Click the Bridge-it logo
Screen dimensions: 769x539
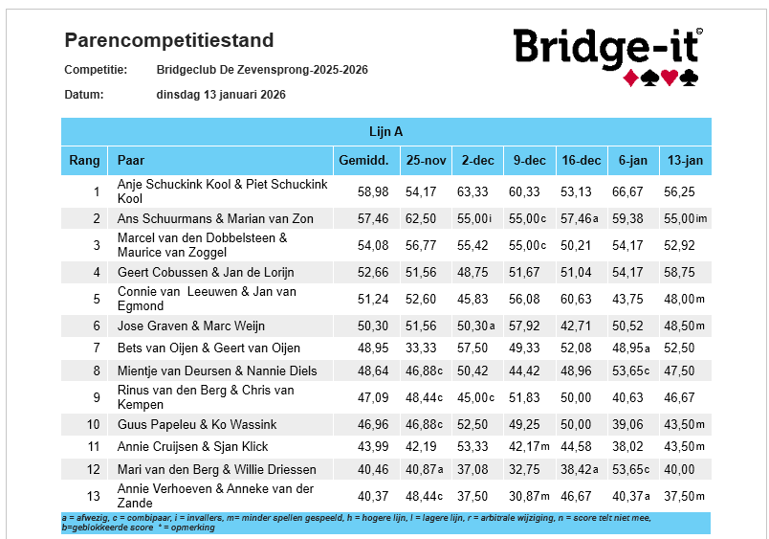[607, 56]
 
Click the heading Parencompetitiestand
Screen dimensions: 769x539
[168, 40]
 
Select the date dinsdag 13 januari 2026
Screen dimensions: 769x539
[221, 94]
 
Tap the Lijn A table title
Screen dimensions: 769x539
[386, 131]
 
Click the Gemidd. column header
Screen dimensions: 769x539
[363, 161]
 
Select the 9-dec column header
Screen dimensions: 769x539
[530, 161]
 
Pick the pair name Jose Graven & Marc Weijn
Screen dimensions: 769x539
[190, 326]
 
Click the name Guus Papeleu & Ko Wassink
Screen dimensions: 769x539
[197, 425]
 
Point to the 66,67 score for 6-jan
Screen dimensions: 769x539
[627, 191]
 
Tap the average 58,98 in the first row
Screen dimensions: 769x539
[373, 191]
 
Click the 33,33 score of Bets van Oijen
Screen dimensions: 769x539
[421, 348]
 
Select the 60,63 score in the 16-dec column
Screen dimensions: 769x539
[576, 299]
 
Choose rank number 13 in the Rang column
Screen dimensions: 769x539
[93, 496]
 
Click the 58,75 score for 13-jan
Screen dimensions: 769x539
[679, 273]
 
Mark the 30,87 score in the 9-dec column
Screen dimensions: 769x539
[524, 496]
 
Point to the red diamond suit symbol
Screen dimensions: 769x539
[630, 79]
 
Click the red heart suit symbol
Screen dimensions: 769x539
[670, 78]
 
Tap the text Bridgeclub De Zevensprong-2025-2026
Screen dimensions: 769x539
[262, 70]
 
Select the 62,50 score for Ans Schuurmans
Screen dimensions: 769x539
[421, 219]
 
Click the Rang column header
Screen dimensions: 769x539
[84, 161]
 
